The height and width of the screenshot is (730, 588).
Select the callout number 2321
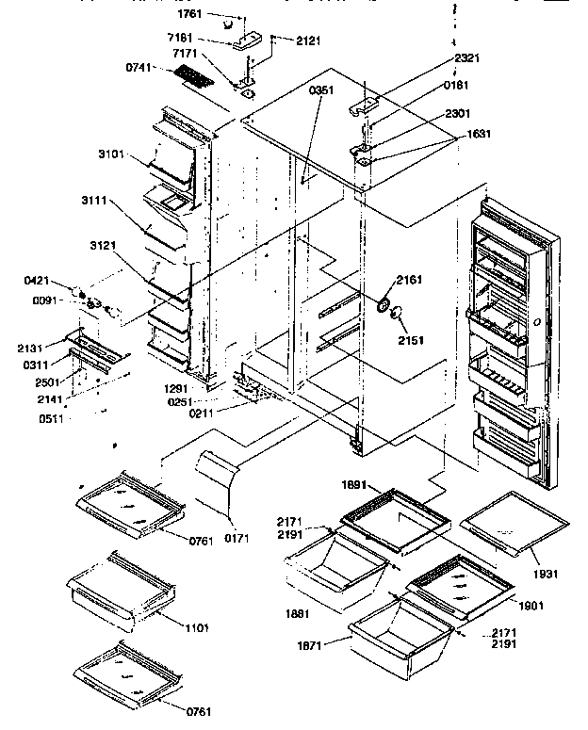[465, 57]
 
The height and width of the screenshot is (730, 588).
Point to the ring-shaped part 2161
[384, 304]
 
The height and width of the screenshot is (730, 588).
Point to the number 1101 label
[196, 627]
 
